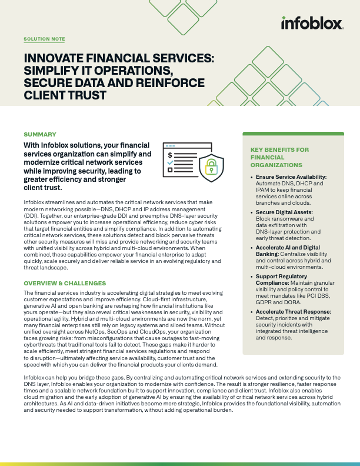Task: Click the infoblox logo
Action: pos(311,24)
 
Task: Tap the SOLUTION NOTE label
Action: pos(44,39)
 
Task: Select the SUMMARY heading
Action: pos(40,135)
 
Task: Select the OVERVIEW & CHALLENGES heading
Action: pos(65,284)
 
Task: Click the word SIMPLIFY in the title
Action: pos(51,70)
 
